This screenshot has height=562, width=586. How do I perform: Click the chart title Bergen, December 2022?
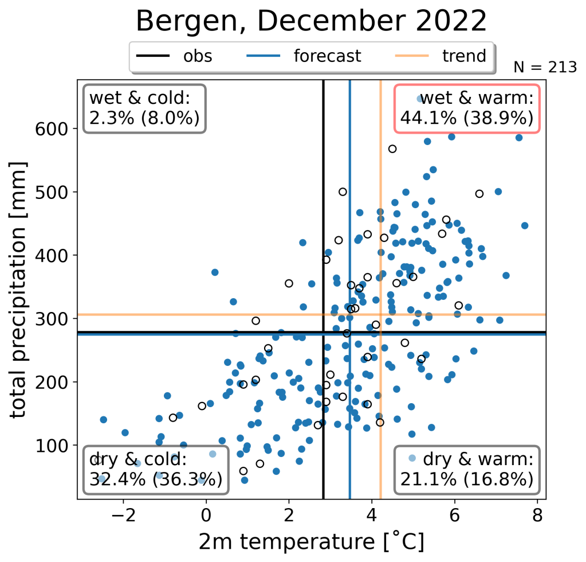311,22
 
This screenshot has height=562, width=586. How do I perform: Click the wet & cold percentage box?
144,108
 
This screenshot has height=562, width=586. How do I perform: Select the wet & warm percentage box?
467,108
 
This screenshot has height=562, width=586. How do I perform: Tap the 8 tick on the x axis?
537,514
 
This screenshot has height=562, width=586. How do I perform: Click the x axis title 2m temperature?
311,541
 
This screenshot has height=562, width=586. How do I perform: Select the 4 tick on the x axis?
372,514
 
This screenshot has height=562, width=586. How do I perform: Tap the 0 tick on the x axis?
206,514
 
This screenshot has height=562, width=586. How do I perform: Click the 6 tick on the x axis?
455,514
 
